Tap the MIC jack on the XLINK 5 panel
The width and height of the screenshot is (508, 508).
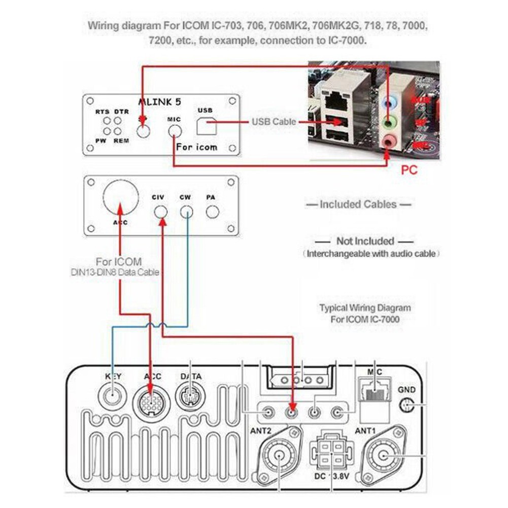coord(175,131)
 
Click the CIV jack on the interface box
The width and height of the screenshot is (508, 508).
coord(161,211)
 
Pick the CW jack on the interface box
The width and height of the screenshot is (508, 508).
coord(186,211)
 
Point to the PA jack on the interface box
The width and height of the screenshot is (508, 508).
coord(212,211)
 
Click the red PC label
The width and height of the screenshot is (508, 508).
coord(409,170)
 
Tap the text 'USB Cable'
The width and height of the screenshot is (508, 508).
coord(274,122)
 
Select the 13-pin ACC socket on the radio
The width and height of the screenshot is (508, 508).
coord(151,402)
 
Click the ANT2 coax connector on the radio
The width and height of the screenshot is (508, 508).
coord(280,455)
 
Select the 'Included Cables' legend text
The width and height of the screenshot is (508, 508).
coord(358,205)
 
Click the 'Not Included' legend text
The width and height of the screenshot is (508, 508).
coord(365,241)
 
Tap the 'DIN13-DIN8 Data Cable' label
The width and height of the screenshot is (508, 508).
coord(115,273)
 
